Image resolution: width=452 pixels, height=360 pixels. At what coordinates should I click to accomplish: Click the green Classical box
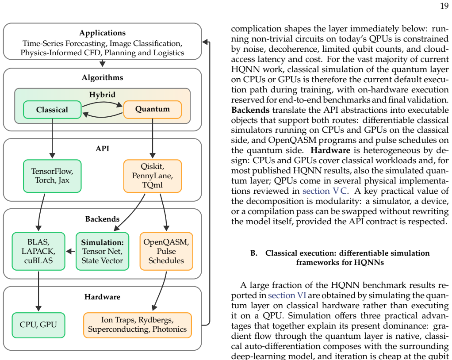pyautogui.click(x=52, y=110)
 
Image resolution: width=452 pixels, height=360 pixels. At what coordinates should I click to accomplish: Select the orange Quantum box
pyautogui.click(x=153, y=110)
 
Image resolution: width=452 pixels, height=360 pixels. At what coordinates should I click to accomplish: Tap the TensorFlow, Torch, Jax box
pyautogui.click(x=52, y=176)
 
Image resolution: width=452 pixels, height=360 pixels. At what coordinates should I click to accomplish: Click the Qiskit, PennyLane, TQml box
pyautogui.click(x=153, y=176)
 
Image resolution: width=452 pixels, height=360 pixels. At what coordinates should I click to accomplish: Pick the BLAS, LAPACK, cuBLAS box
pyautogui.click(x=38, y=251)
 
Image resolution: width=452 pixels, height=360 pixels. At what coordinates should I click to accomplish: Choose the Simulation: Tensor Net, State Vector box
pyautogui.click(x=102, y=251)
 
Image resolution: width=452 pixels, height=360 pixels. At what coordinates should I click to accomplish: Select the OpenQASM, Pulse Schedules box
pyautogui.click(x=166, y=251)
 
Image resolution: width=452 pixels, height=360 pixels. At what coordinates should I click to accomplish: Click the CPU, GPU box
pyautogui.click(x=38, y=325)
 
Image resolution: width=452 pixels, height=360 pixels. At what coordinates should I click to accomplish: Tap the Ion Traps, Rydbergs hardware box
pyautogui.click(x=138, y=325)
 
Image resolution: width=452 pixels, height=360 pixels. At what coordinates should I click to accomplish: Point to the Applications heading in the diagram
pyautogui.click(x=102, y=33)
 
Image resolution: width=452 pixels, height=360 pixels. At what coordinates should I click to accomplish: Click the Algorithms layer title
pyautogui.click(x=102, y=77)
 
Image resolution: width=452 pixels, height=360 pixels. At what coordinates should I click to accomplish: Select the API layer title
pyautogui.click(x=102, y=149)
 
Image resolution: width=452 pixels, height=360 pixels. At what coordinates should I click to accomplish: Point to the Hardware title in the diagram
pyautogui.click(x=102, y=297)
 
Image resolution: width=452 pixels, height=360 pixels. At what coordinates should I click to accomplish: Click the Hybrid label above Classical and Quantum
pyautogui.click(x=102, y=95)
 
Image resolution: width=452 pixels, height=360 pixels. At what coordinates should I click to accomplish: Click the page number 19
pyautogui.click(x=444, y=6)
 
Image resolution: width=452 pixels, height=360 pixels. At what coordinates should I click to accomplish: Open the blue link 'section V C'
pyautogui.click(x=325, y=191)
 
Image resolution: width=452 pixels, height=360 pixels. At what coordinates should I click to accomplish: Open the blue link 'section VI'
pyautogui.click(x=287, y=295)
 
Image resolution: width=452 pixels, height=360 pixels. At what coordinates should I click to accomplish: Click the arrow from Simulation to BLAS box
pyautogui.click(x=71, y=251)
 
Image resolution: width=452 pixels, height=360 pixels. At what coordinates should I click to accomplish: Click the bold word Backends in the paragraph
pyautogui.click(x=250, y=110)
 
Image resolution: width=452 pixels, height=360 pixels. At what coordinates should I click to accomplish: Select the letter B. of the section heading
pyautogui.click(x=254, y=253)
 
